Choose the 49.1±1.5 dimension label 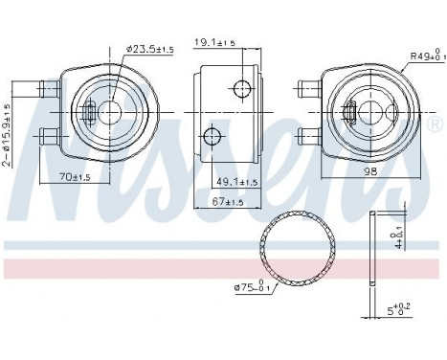click(x=237, y=182)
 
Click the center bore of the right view click(x=370, y=114)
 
